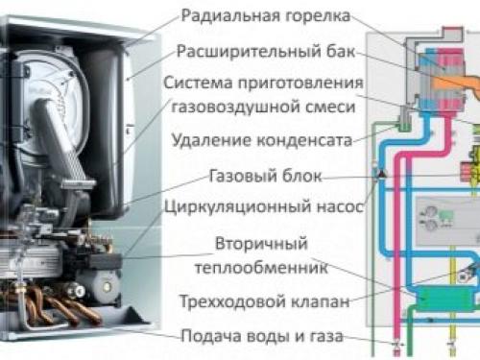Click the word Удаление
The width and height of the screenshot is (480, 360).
coord(211,141)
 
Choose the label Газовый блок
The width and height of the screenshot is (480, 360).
coord(257,177)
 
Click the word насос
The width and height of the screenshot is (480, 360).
coord(328,204)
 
